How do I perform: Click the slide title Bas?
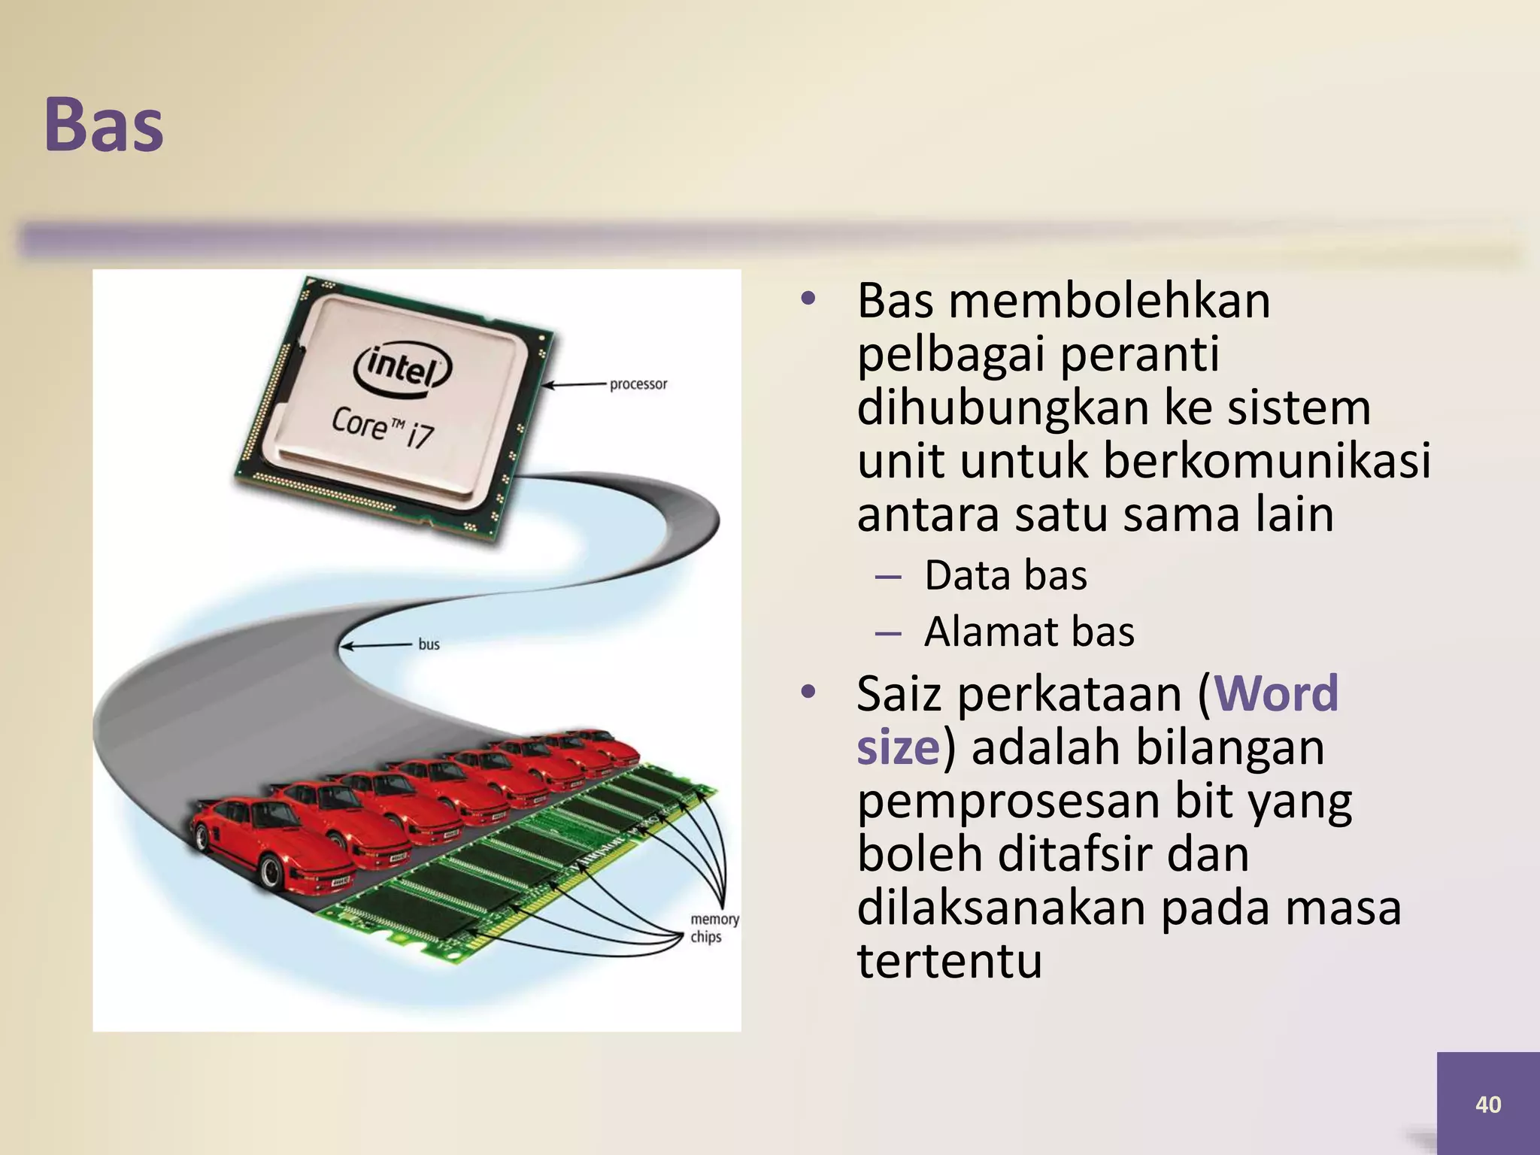(x=104, y=125)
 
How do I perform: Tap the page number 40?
(x=1488, y=1104)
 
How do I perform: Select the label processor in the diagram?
(x=638, y=384)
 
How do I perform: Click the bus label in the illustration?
(x=429, y=644)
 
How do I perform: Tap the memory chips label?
(x=714, y=928)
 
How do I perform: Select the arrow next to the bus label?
(x=375, y=645)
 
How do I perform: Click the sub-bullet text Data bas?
(x=1005, y=575)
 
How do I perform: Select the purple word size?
(x=898, y=747)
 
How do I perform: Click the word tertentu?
(x=949, y=960)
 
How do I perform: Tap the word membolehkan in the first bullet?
(x=1109, y=300)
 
